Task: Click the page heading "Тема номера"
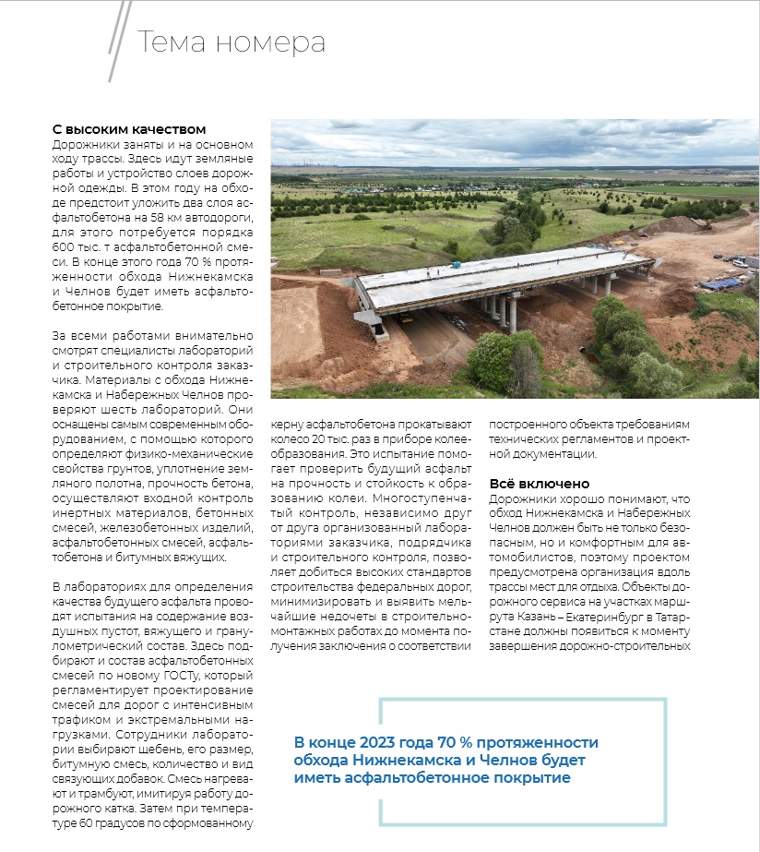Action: tap(231, 42)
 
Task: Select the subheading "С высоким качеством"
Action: tap(128, 129)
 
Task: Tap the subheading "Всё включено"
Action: tap(538, 484)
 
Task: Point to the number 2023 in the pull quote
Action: tap(378, 742)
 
